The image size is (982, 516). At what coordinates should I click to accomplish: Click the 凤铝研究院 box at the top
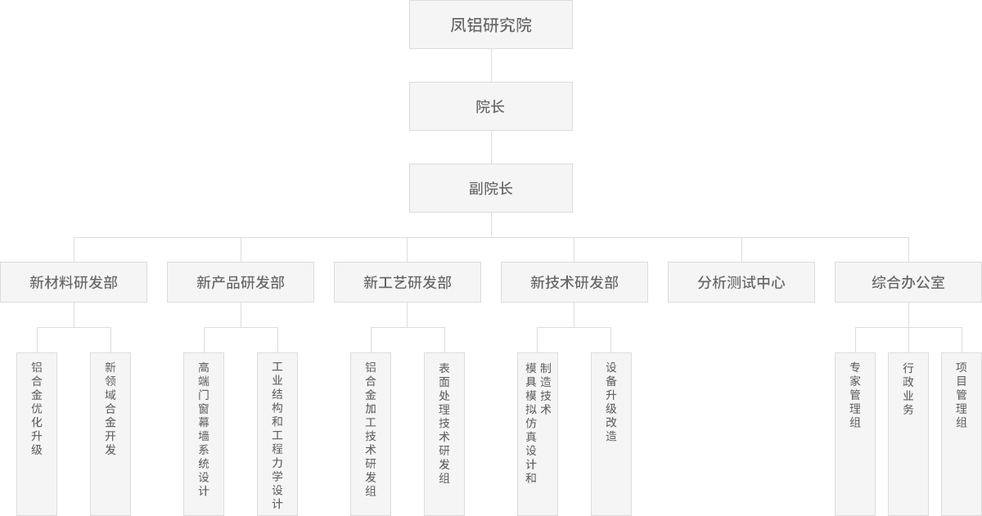click(x=490, y=25)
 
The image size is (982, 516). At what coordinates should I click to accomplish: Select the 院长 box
click(x=490, y=106)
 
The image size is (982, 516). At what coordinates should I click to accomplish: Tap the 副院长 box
click(x=490, y=188)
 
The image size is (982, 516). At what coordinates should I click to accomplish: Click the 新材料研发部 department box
click(x=74, y=282)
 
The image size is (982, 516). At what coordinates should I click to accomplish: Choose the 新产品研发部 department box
click(x=241, y=282)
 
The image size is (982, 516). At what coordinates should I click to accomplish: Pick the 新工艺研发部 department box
click(x=408, y=282)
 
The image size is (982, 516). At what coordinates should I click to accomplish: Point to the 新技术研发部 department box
click(x=574, y=282)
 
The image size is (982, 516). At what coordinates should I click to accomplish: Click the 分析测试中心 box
click(x=741, y=282)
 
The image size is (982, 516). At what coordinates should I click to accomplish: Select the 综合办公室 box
click(x=908, y=282)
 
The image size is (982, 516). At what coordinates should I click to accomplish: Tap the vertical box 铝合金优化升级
click(x=37, y=433)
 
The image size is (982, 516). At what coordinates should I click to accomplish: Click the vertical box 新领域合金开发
click(x=110, y=433)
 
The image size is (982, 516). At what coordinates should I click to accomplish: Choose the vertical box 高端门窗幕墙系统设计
click(x=204, y=433)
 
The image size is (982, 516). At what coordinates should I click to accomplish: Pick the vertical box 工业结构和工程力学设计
click(x=277, y=433)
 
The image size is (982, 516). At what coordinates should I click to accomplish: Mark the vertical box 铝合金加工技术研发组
click(x=371, y=433)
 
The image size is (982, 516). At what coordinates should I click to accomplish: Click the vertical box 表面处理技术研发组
click(x=444, y=433)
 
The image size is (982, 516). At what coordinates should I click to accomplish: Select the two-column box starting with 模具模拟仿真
click(x=538, y=433)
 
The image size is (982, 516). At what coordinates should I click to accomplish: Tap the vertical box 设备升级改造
click(x=611, y=433)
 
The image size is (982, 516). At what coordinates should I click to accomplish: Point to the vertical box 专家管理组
click(x=855, y=433)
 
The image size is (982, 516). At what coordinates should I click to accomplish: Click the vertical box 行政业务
click(x=908, y=433)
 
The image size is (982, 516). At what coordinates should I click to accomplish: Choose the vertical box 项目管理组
click(x=962, y=433)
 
